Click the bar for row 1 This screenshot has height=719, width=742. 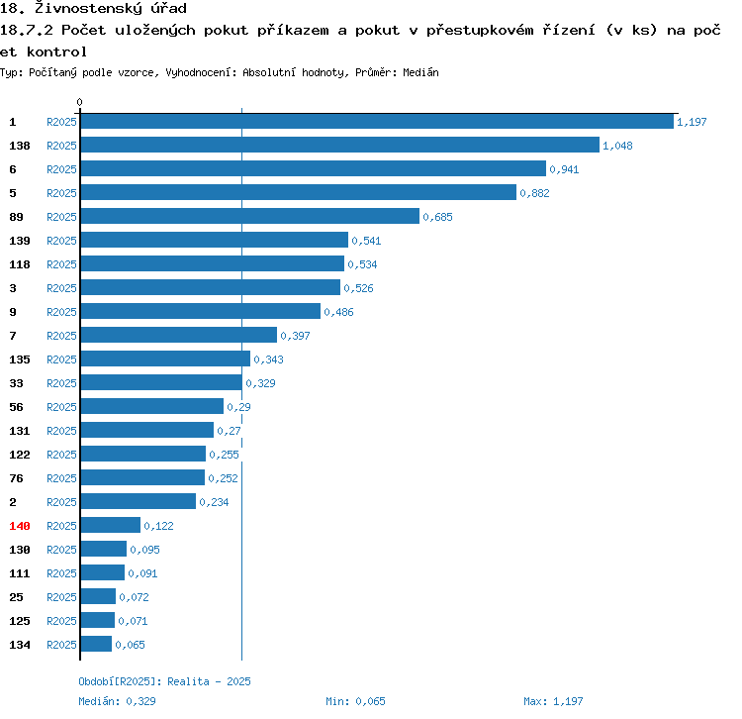tap(376, 122)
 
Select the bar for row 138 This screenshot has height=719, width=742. tap(339, 146)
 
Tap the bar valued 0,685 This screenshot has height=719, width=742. tap(249, 217)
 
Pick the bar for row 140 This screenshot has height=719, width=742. tap(110, 526)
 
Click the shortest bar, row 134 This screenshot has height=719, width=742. tap(96, 645)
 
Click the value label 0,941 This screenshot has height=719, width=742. tap(564, 169)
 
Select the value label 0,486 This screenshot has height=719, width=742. tap(338, 312)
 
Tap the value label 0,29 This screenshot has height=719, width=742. tap(238, 407)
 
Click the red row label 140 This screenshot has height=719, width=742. tap(20, 526)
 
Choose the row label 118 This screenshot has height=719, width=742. tap(20, 264)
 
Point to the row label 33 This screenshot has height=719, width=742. tap(17, 383)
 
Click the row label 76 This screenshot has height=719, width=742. tap(17, 478)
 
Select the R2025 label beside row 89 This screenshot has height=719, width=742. tap(61, 217)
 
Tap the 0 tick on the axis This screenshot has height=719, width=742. tap(80, 102)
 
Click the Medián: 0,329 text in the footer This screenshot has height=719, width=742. tap(118, 701)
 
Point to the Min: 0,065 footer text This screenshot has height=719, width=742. tap(356, 701)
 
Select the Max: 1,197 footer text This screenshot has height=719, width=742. tap(554, 701)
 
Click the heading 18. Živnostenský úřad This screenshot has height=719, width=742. tap(94, 9)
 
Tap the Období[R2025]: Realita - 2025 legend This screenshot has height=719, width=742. tap(165, 681)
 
